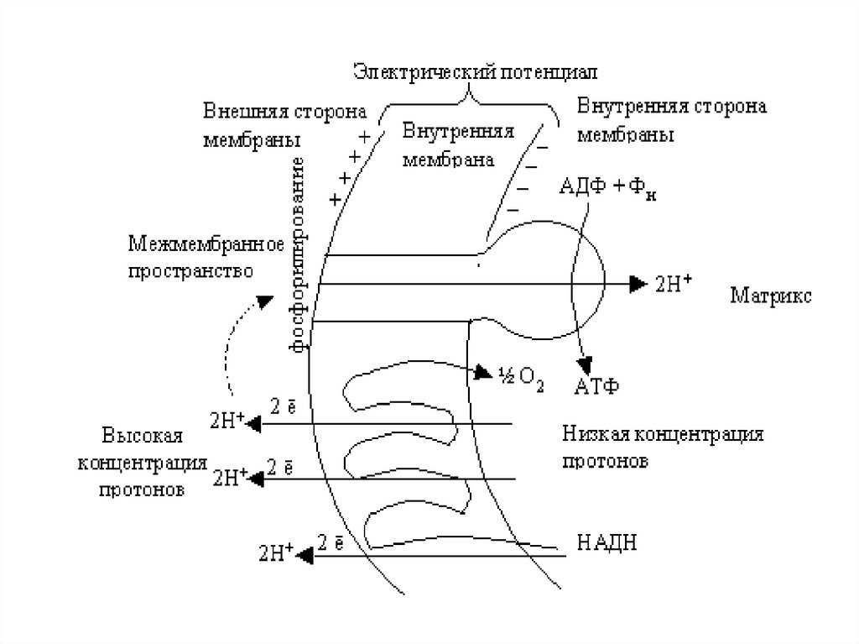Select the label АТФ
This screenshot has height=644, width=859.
point(596,386)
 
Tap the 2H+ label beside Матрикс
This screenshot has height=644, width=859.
point(673,284)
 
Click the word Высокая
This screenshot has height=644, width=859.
point(142,437)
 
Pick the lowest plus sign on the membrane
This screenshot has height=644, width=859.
point(336,199)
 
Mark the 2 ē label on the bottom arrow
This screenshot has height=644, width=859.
point(331,542)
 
